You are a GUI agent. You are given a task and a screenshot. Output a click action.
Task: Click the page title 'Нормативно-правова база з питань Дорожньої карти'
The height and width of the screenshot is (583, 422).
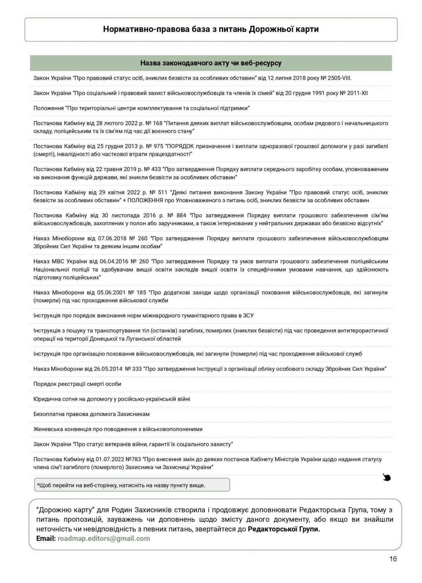pos(211,29)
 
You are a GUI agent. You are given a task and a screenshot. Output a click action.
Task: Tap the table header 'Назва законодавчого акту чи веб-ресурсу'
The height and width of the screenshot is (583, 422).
pos(211,63)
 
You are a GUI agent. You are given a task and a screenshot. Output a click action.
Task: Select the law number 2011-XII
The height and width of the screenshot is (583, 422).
pos(356,93)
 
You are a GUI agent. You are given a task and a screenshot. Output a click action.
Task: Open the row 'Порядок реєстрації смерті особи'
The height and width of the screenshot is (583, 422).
pos(77,384)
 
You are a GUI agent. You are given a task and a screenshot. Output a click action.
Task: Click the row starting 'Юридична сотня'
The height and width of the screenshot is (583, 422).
pos(112,399)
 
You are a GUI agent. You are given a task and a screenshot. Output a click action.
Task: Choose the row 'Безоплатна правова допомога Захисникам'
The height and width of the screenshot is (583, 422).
pos(91,414)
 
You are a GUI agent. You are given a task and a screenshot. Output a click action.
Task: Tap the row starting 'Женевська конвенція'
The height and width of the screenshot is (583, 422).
pos(118,429)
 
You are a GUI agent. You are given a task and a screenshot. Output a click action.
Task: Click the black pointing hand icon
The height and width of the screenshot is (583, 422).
pos(387,477)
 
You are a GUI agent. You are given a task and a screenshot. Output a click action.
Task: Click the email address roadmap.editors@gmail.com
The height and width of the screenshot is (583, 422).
pos(104,538)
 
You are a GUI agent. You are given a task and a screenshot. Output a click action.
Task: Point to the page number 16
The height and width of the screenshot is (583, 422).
pos(393,559)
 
